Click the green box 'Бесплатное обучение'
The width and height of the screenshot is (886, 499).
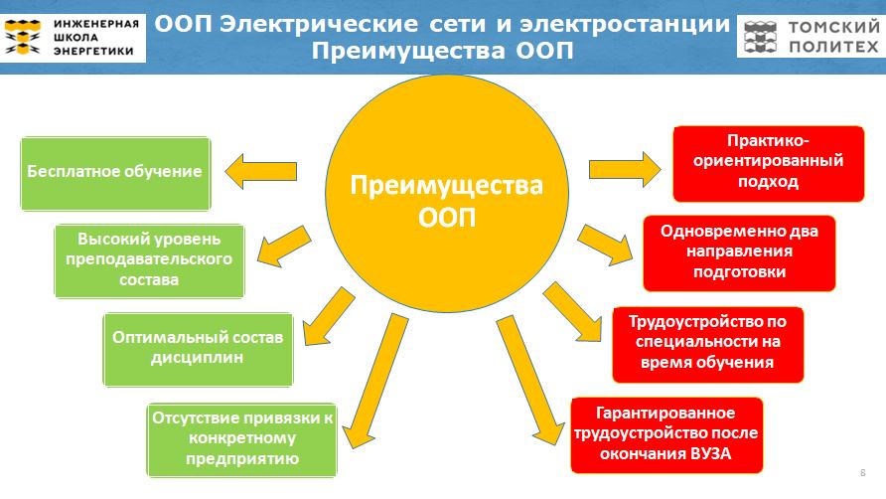(x=115, y=174)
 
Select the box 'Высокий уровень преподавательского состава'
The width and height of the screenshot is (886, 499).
(x=149, y=260)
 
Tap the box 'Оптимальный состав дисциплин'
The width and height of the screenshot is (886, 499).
(x=198, y=350)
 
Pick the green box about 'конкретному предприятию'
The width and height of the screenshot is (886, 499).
(x=241, y=440)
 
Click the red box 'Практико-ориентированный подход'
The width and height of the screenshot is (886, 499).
(x=769, y=164)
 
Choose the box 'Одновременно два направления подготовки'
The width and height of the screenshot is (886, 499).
(x=739, y=253)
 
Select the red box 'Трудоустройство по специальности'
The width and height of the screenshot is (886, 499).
(x=708, y=345)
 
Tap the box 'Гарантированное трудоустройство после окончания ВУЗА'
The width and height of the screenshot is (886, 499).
(x=666, y=435)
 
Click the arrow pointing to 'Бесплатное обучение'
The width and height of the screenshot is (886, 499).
(x=261, y=171)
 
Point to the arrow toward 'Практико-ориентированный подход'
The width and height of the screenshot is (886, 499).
(x=625, y=169)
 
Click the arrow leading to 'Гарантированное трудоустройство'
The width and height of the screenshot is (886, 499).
(x=530, y=380)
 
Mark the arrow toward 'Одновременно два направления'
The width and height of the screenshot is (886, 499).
(x=606, y=245)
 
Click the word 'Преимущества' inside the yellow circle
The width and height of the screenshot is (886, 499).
(x=446, y=186)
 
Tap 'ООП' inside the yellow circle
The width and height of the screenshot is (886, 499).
(x=447, y=218)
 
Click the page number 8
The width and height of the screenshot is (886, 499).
(x=863, y=472)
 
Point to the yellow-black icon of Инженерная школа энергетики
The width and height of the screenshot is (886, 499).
(x=23, y=37)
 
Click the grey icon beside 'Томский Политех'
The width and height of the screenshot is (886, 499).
(x=761, y=37)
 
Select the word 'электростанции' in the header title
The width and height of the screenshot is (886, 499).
(x=625, y=24)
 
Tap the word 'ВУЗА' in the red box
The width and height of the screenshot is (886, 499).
(x=711, y=453)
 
